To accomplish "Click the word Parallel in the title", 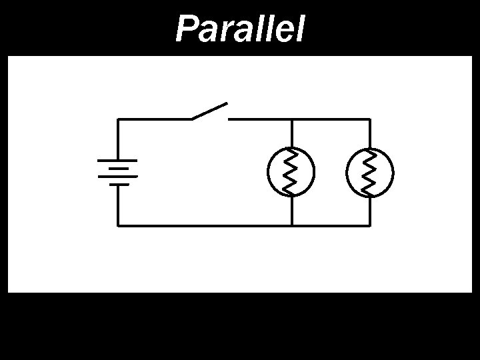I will pyautogui.click(x=239, y=29).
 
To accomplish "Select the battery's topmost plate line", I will pyautogui.click(x=117, y=161).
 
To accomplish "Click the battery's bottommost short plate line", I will pyautogui.click(x=117, y=185).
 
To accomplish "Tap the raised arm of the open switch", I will pyautogui.click(x=210, y=111).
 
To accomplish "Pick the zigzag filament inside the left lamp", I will pyautogui.click(x=291, y=172).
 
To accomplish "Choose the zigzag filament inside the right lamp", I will pyautogui.click(x=369, y=172).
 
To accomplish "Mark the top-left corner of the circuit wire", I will pyautogui.click(x=118, y=119).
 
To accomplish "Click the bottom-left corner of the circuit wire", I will pyautogui.click(x=118, y=225).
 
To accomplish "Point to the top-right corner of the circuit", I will pyautogui.click(x=369, y=119).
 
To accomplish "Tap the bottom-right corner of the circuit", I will pyautogui.click(x=369, y=225).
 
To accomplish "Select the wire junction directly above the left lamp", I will pyautogui.click(x=291, y=119).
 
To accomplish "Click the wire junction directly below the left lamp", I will pyautogui.click(x=291, y=225).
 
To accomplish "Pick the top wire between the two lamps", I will pyautogui.click(x=330, y=119).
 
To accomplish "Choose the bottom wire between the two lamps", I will pyautogui.click(x=330, y=225).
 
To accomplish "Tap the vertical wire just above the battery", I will pyautogui.click(x=118, y=140).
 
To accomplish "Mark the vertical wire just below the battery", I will pyautogui.click(x=118, y=205).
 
